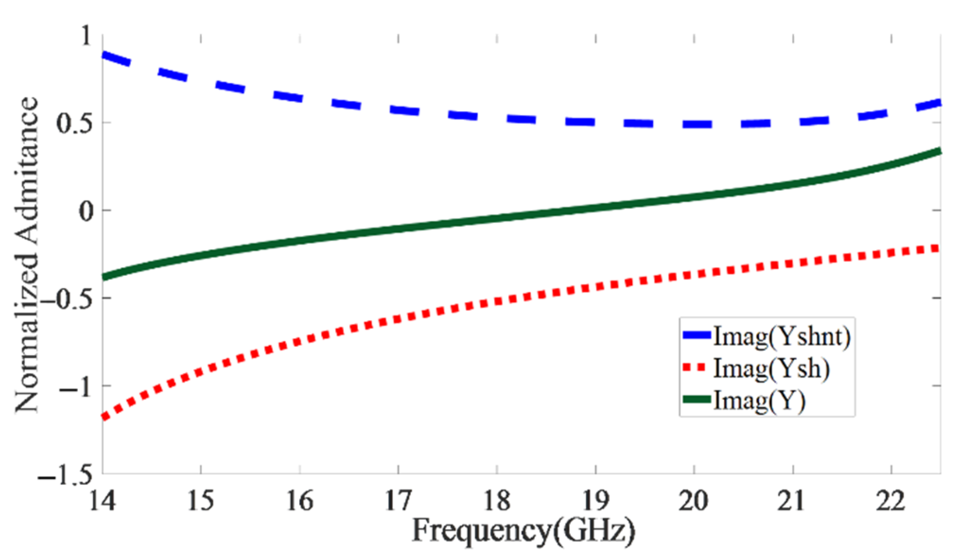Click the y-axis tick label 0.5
(76, 123)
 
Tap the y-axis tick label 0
(86, 211)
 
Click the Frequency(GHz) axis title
(523, 531)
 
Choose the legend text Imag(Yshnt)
(781, 336)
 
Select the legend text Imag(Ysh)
(771, 368)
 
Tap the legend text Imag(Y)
(759, 401)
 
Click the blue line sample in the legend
(697, 335)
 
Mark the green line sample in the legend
(697, 400)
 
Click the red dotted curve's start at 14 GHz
(104, 417)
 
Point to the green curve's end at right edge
(939, 151)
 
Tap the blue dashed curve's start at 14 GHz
(104, 55)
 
